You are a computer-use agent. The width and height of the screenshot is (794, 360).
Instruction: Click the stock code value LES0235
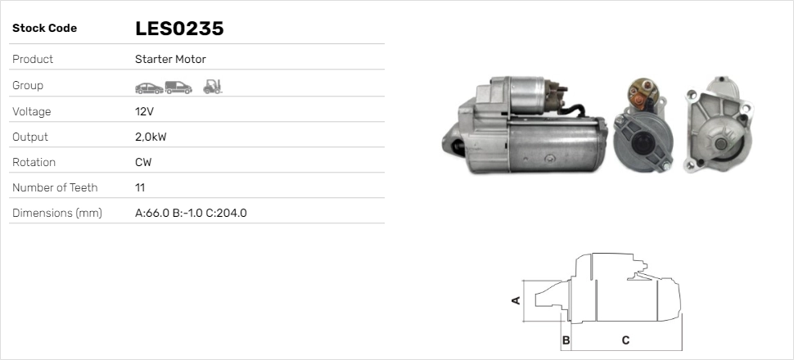pyautogui.click(x=179, y=29)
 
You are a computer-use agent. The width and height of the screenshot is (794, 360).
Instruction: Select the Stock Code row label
pyautogui.click(x=44, y=29)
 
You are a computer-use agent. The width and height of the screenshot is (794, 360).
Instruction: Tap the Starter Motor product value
pyautogui.click(x=170, y=59)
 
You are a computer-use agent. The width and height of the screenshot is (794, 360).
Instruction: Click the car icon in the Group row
pyautogui.click(x=149, y=88)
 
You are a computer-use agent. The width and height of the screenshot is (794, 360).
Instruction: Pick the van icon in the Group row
pyautogui.click(x=178, y=88)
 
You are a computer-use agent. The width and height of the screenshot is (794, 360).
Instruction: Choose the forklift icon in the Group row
pyautogui.click(x=213, y=87)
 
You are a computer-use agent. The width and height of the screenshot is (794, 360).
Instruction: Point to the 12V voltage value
pyautogui.click(x=144, y=111)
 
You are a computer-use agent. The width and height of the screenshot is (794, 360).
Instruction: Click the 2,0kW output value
pyautogui.click(x=151, y=137)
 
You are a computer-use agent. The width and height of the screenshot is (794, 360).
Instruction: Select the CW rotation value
pyautogui.click(x=143, y=163)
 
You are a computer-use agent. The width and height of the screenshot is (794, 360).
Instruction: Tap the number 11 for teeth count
pyautogui.click(x=140, y=188)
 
